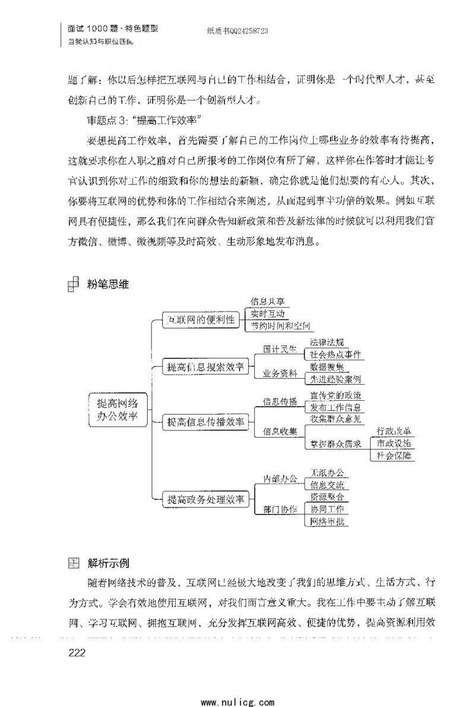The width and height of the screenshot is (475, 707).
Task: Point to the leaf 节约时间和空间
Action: pos(280,326)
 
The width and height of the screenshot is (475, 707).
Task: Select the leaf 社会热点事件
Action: pos(336,354)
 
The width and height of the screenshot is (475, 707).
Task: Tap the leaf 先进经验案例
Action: pos(335,378)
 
